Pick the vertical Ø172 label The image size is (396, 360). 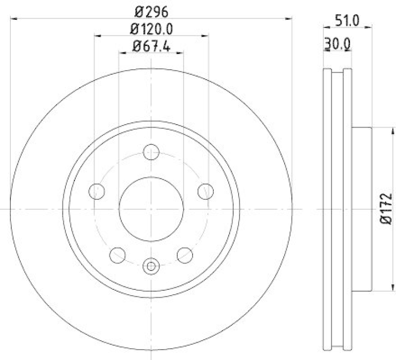(387, 209)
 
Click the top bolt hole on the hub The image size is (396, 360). (151, 152)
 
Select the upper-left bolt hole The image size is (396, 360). (98, 190)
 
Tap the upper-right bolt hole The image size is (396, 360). (205, 190)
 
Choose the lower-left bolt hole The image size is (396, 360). (117, 255)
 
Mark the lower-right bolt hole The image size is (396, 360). (185, 255)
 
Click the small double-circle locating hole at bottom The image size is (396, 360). (151, 267)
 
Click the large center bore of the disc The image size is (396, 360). (151, 209)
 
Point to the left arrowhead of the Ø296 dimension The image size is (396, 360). (13, 19)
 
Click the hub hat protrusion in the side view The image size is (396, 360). (361, 209)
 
